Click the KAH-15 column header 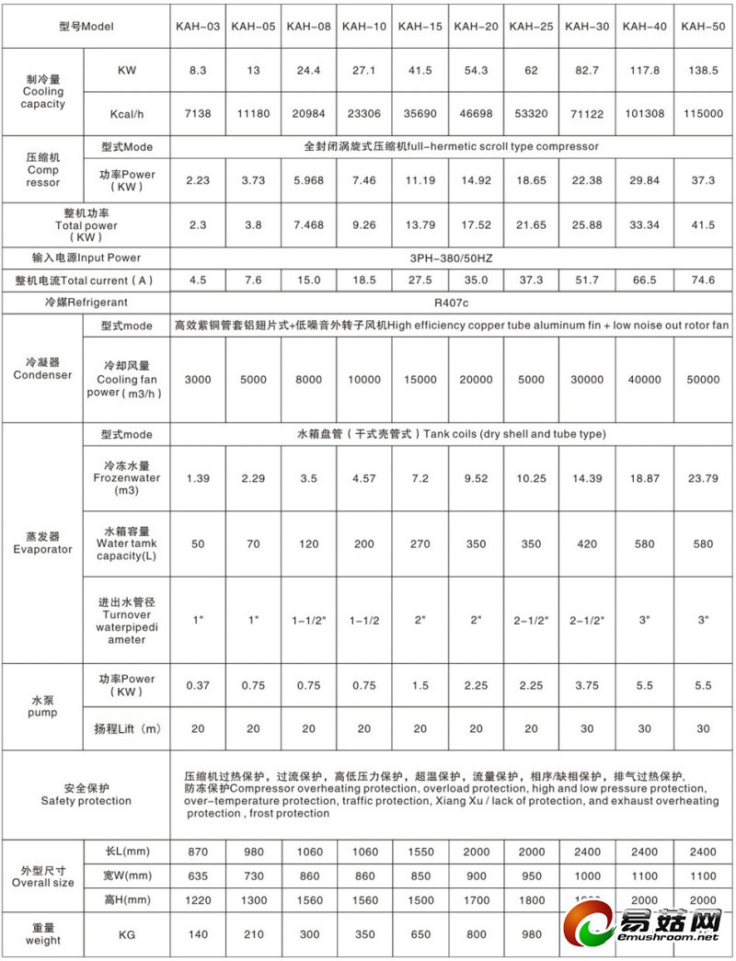click(x=420, y=26)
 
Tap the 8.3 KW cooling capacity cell click(x=198, y=70)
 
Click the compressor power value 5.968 click(x=309, y=180)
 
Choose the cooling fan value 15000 click(x=420, y=380)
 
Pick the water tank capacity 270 click(x=420, y=543)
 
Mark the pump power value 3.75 click(x=589, y=685)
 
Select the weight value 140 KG click(x=198, y=934)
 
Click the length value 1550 click(x=420, y=852)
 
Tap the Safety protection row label click(x=86, y=795)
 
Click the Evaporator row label click(x=42, y=543)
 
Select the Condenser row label click(x=42, y=369)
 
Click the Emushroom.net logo click(x=644, y=924)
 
